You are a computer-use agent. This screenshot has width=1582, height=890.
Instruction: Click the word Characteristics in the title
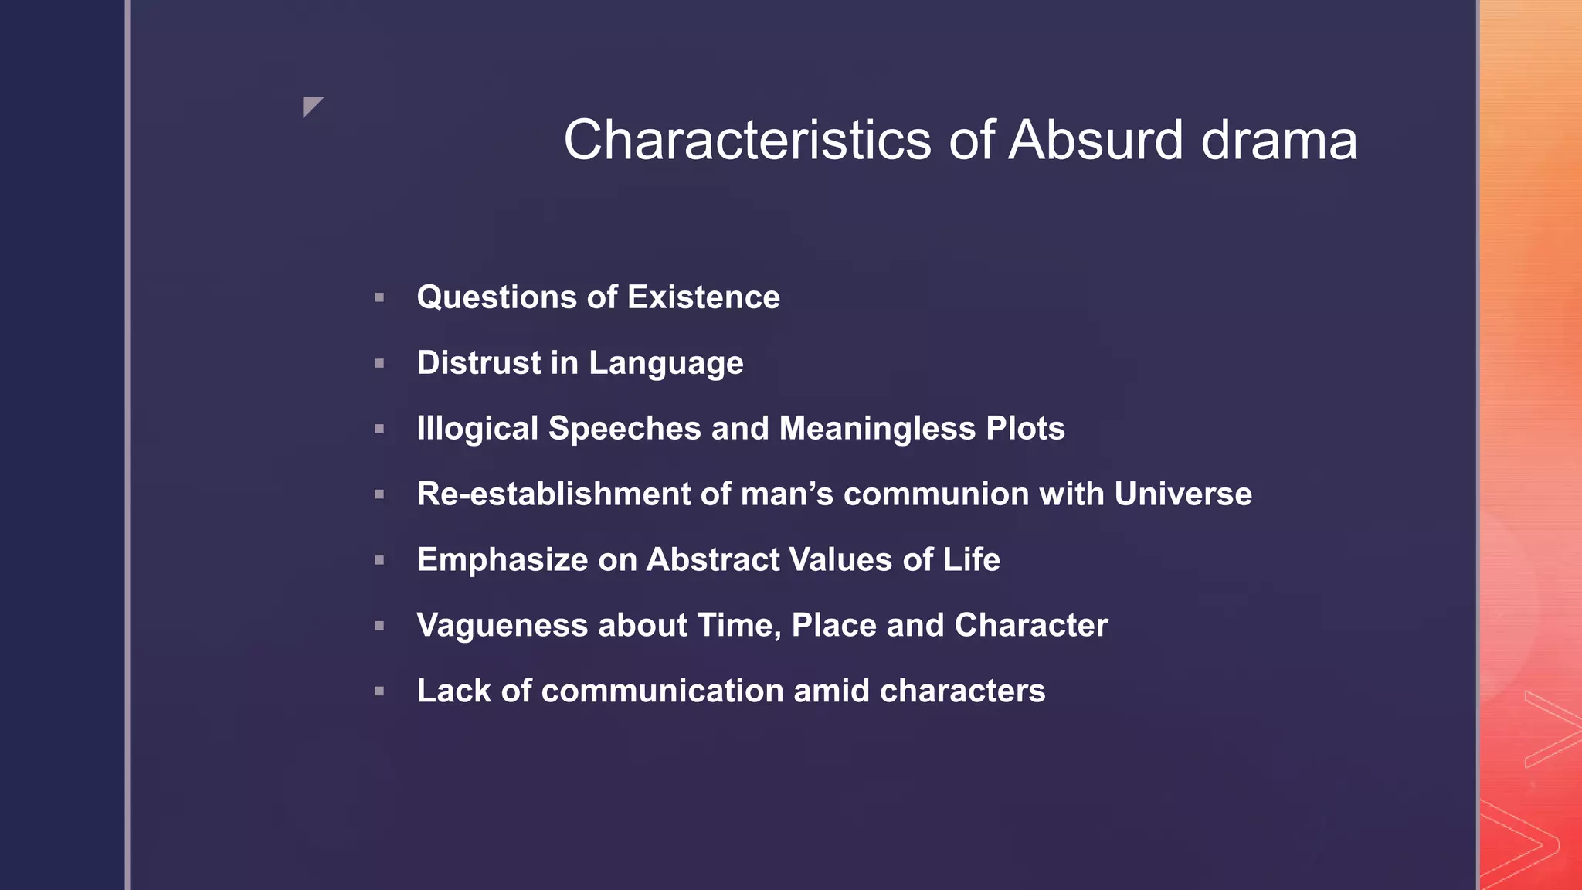(747, 141)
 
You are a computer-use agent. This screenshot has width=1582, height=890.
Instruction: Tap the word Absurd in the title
(1095, 141)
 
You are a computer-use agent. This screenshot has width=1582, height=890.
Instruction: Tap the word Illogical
(477, 429)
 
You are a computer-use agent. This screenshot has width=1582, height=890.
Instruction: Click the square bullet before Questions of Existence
(379, 297)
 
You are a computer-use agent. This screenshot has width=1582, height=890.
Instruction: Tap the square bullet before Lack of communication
(379, 691)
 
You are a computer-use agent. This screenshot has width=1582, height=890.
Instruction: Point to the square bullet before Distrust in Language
(379, 363)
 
